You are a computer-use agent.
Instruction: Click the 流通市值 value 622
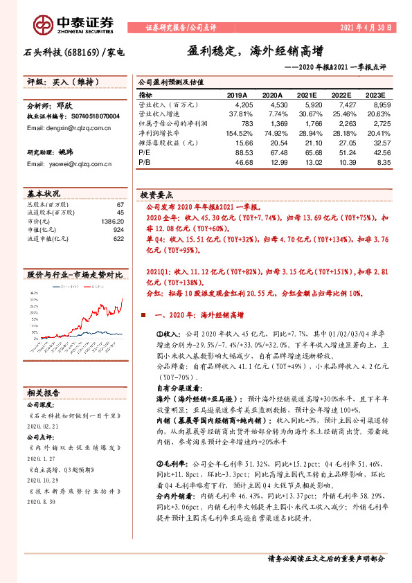pyautogui.click(x=118, y=238)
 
